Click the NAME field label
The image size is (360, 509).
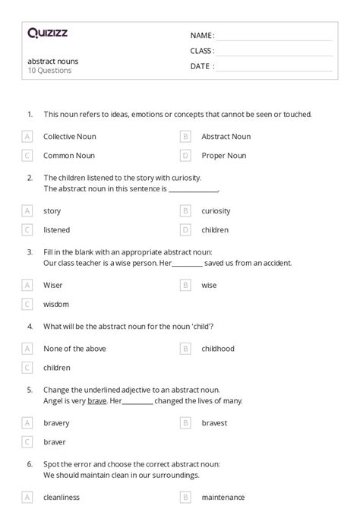[201, 35]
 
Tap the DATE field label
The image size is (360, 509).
[201, 66]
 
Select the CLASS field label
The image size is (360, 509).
[202, 51]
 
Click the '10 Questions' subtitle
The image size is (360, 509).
[49, 71]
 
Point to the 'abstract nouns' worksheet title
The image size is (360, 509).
[53, 61]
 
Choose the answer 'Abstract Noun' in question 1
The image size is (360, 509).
[226, 137]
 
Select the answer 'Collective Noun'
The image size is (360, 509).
[69, 137]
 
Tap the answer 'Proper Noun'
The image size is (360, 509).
[223, 156]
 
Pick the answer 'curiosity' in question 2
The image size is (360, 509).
[216, 210]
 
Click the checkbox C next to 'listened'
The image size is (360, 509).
[27, 229]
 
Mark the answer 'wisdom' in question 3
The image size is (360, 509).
[55, 304]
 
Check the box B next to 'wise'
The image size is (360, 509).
[185, 285]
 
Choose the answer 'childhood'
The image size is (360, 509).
[218, 349]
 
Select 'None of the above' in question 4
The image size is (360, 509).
[74, 349]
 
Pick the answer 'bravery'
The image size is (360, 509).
[56, 422]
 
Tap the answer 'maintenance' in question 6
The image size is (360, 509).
[223, 498]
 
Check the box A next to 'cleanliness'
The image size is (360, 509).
[27, 498]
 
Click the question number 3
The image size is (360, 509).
[30, 251]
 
